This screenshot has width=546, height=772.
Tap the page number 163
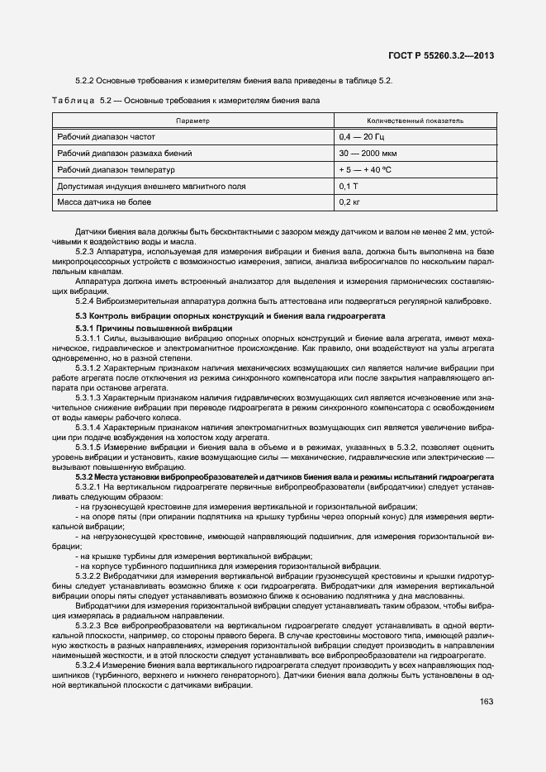point(487,703)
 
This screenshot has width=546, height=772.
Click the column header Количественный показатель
point(415,121)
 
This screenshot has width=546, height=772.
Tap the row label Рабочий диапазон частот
point(106,137)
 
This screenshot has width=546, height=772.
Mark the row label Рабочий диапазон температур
point(116,170)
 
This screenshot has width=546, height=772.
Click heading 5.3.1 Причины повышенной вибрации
point(142,328)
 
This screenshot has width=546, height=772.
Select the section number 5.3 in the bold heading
point(81,317)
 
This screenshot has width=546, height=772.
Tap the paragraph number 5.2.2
point(87,81)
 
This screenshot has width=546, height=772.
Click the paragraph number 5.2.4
point(87,301)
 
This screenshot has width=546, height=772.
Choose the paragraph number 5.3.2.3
point(90,628)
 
